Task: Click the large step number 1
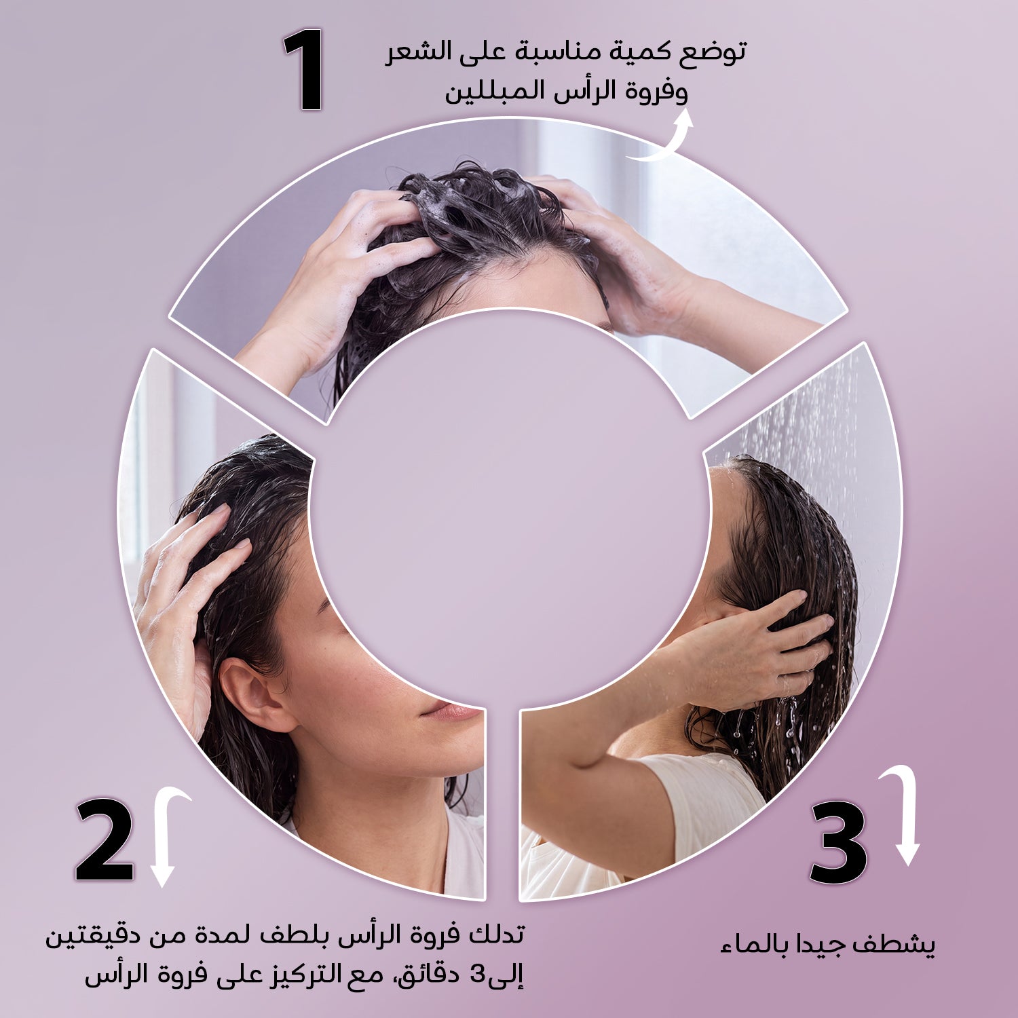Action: click(x=303, y=69)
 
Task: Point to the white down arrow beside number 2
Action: click(x=166, y=836)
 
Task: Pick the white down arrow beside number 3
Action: click(x=904, y=814)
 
